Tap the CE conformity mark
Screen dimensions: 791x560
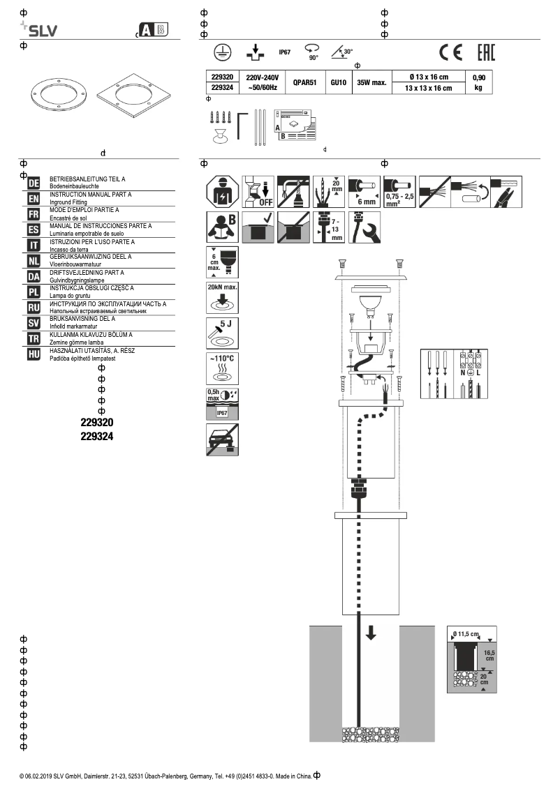[450, 52]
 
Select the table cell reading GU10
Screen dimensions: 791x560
[338, 82]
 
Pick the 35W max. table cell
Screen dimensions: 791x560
[371, 82]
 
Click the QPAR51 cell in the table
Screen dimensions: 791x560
[304, 82]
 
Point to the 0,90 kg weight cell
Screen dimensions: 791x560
[478, 82]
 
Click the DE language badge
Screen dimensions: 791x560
[33, 183]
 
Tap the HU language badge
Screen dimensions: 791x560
[33, 354]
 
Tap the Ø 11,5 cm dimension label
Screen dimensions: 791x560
[466, 633]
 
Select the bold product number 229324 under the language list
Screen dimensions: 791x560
[97, 437]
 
